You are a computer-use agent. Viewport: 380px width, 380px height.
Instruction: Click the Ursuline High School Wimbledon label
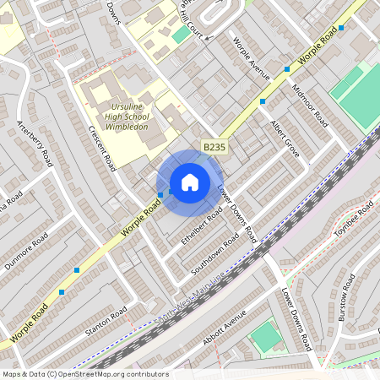pos(128,117)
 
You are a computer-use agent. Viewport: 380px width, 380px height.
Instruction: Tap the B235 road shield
pos(214,147)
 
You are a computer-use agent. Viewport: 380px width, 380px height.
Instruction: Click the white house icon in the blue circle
pos(190,182)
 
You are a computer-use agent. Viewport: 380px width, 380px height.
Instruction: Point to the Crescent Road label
pos(102,147)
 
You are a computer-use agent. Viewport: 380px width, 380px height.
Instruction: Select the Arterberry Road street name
pos(34,144)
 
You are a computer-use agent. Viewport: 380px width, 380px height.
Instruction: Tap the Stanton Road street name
pos(106,322)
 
